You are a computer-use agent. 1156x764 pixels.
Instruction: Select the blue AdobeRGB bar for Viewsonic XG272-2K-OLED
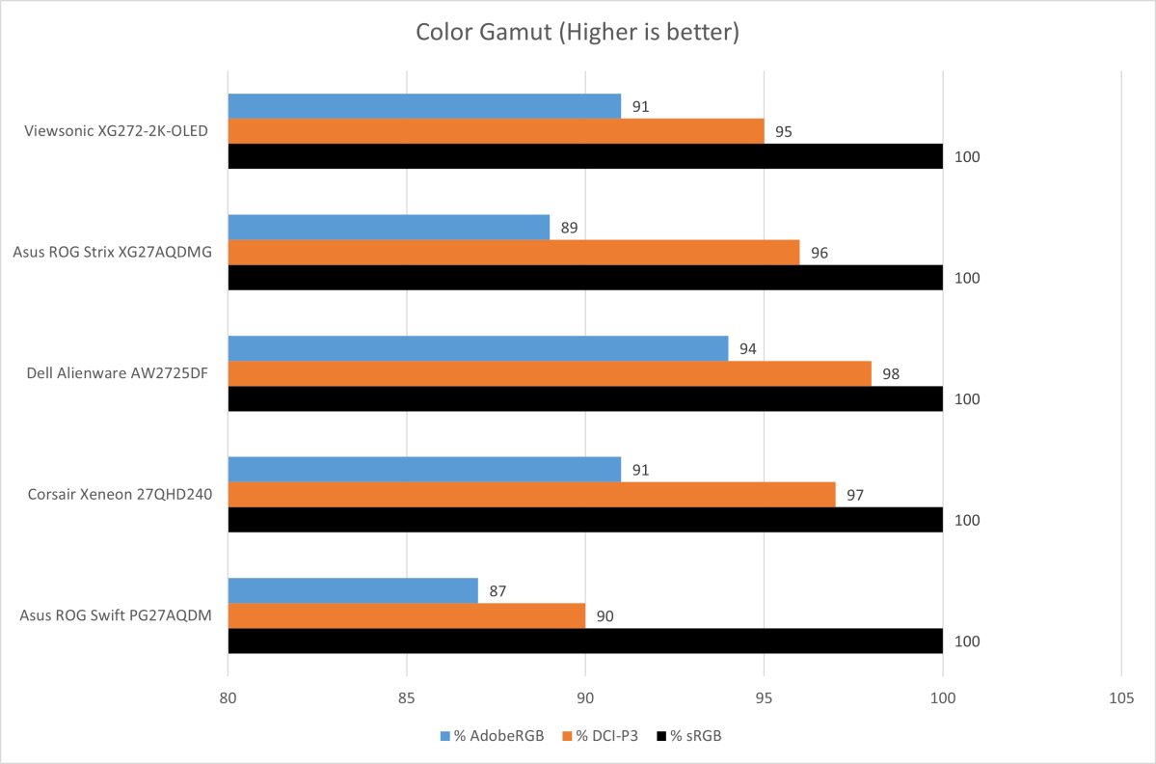(x=424, y=106)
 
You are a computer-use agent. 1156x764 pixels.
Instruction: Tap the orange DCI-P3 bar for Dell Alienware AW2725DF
(x=550, y=373)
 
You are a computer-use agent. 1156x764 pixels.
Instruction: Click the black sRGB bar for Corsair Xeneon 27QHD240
(x=585, y=520)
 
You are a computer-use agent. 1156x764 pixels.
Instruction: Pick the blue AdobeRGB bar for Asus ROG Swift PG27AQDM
(x=353, y=590)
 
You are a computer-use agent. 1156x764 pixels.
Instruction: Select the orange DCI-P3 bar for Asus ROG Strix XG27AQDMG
(x=514, y=252)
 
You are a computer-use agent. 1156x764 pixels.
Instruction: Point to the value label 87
(x=497, y=591)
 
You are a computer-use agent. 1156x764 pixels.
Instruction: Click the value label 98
(x=891, y=374)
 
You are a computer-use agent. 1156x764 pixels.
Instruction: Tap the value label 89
(x=569, y=228)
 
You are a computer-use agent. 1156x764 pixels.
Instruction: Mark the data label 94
(x=747, y=349)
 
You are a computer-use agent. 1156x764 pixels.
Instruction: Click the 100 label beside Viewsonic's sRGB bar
(x=967, y=157)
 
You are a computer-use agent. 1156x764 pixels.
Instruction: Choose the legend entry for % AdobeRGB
(x=493, y=736)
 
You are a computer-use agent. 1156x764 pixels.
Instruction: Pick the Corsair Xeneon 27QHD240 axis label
(x=120, y=495)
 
